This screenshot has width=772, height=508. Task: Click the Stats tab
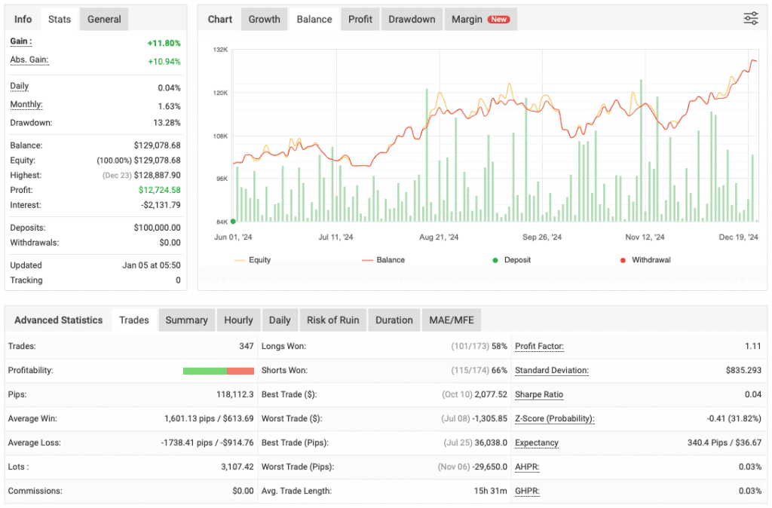coord(60,19)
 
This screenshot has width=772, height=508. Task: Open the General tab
coord(104,19)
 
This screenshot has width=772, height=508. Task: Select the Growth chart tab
coord(264,19)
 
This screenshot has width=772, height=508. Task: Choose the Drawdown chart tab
coord(412,19)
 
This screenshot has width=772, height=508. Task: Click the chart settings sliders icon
coord(751,19)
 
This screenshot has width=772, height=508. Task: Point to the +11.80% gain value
coord(164,43)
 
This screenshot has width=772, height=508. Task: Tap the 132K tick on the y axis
coord(220,50)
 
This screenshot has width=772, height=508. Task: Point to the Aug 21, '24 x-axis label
coord(439,237)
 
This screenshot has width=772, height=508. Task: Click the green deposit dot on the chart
coord(233,222)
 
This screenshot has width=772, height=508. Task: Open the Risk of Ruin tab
coord(332,320)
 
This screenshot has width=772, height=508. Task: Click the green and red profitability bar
coord(218,371)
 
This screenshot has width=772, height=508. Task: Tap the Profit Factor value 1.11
coord(751,347)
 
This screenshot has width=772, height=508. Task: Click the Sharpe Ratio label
coord(538,394)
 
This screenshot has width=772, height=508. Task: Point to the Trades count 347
coord(247,347)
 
